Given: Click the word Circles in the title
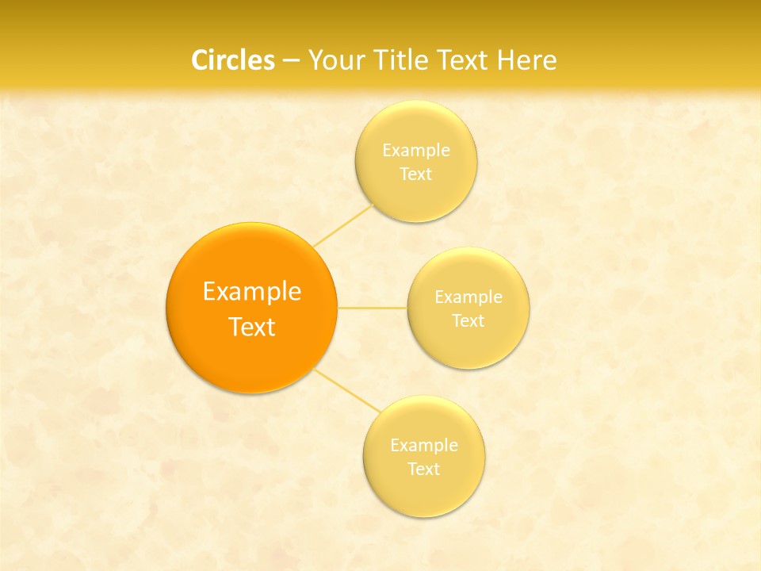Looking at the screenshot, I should click(x=232, y=60).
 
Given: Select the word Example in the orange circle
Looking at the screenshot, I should click(x=252, y=292).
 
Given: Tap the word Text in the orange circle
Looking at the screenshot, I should click(x=252, y=327).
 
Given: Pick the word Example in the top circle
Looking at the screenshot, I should click(x=416, y=150).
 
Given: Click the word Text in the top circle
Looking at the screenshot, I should click(x=416, y=174).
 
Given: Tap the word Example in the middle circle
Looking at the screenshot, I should click(x=468, y=297).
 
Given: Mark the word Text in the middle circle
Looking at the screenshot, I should click(x=468, y=320).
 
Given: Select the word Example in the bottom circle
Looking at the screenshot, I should click(x=424, y=445).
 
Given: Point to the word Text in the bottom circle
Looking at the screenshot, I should click(x=424, y=469).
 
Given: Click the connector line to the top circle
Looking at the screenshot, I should click(x=342, y=225).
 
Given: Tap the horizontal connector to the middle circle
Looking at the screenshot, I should click(x=373, y=307).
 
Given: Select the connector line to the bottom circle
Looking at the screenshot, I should click(x=347, y=389).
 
